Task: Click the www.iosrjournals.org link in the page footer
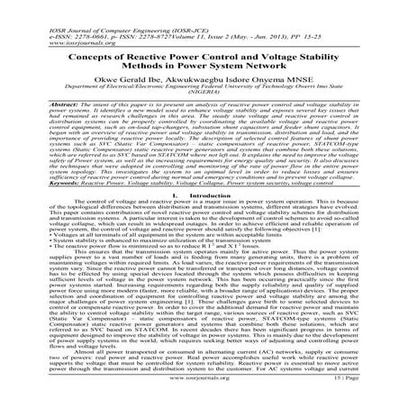click(x=204, y=395)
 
